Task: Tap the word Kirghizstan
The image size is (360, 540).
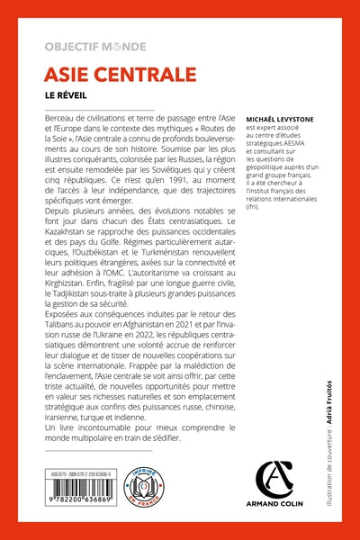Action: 71,335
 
